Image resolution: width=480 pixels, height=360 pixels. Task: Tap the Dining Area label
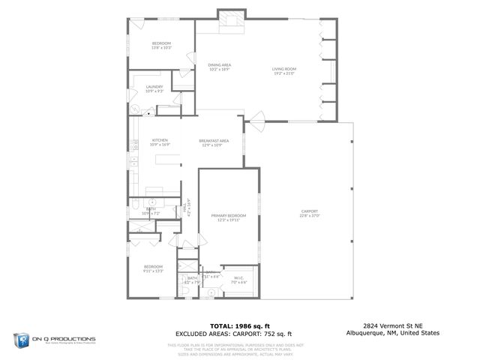pyautogui.click(x=219, y=67)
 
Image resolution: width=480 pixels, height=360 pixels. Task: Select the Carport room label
pyautogui.click(x=310, y=214)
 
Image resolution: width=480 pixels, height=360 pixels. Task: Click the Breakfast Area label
pyautogui.click(x=214, y=143)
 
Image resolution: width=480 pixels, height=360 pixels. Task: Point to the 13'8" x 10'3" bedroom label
pyautogui.click(x=161, y=46)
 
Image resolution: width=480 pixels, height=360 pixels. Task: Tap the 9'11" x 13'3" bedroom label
pyautogui.click(x=154, y=269)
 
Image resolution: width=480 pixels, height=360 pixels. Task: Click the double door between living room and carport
pyautogui.click(x=256, y=118)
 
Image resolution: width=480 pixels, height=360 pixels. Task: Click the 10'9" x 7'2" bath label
pyautogui.click(x=145, y=212)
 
